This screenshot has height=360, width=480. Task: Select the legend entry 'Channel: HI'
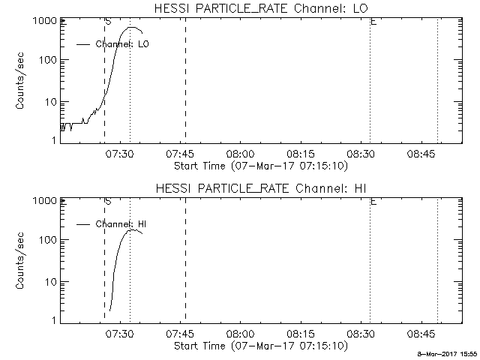(x=121, y=225)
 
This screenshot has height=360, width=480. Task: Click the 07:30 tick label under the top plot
(x=119, y=155)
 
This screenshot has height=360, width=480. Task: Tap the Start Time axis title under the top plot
(x=259, y=166)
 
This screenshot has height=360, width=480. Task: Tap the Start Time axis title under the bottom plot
(x=259, y=346)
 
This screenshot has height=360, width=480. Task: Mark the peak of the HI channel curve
(x=133, y=229)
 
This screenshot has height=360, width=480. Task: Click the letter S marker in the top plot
(x=108, y=22)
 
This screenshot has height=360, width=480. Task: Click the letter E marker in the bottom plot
(x=373, y=202)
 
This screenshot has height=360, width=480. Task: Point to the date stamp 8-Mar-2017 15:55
(x=448, y=353)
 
